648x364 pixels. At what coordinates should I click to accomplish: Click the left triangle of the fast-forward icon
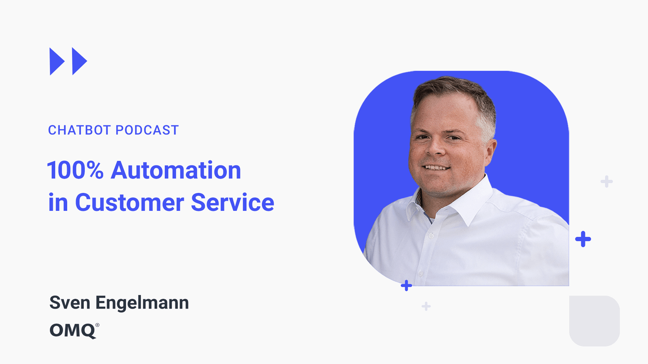(56, 62)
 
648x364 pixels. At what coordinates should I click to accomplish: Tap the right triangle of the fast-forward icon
(78, 62)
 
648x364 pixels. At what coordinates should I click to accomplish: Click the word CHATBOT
(80, 130)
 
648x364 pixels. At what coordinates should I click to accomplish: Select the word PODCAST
(147, 130)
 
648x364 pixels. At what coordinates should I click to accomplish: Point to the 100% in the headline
(75, 170)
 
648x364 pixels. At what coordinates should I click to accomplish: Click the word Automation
(176, 170)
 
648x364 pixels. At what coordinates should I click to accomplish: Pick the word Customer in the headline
(130, 203)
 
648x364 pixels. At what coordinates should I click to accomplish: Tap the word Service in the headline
(232, 203)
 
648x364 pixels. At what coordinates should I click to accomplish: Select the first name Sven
(70, 302)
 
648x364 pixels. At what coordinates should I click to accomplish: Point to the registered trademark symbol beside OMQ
(97, 325)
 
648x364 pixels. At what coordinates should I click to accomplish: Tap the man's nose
(436, 147)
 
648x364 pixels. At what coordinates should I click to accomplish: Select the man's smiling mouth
(436, 167)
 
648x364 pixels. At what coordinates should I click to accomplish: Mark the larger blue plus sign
(583, 239)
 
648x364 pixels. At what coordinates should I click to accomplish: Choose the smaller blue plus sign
(406, 286)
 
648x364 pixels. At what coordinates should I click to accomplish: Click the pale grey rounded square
(594, 321)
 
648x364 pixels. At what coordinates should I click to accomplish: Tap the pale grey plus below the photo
(426, 306)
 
